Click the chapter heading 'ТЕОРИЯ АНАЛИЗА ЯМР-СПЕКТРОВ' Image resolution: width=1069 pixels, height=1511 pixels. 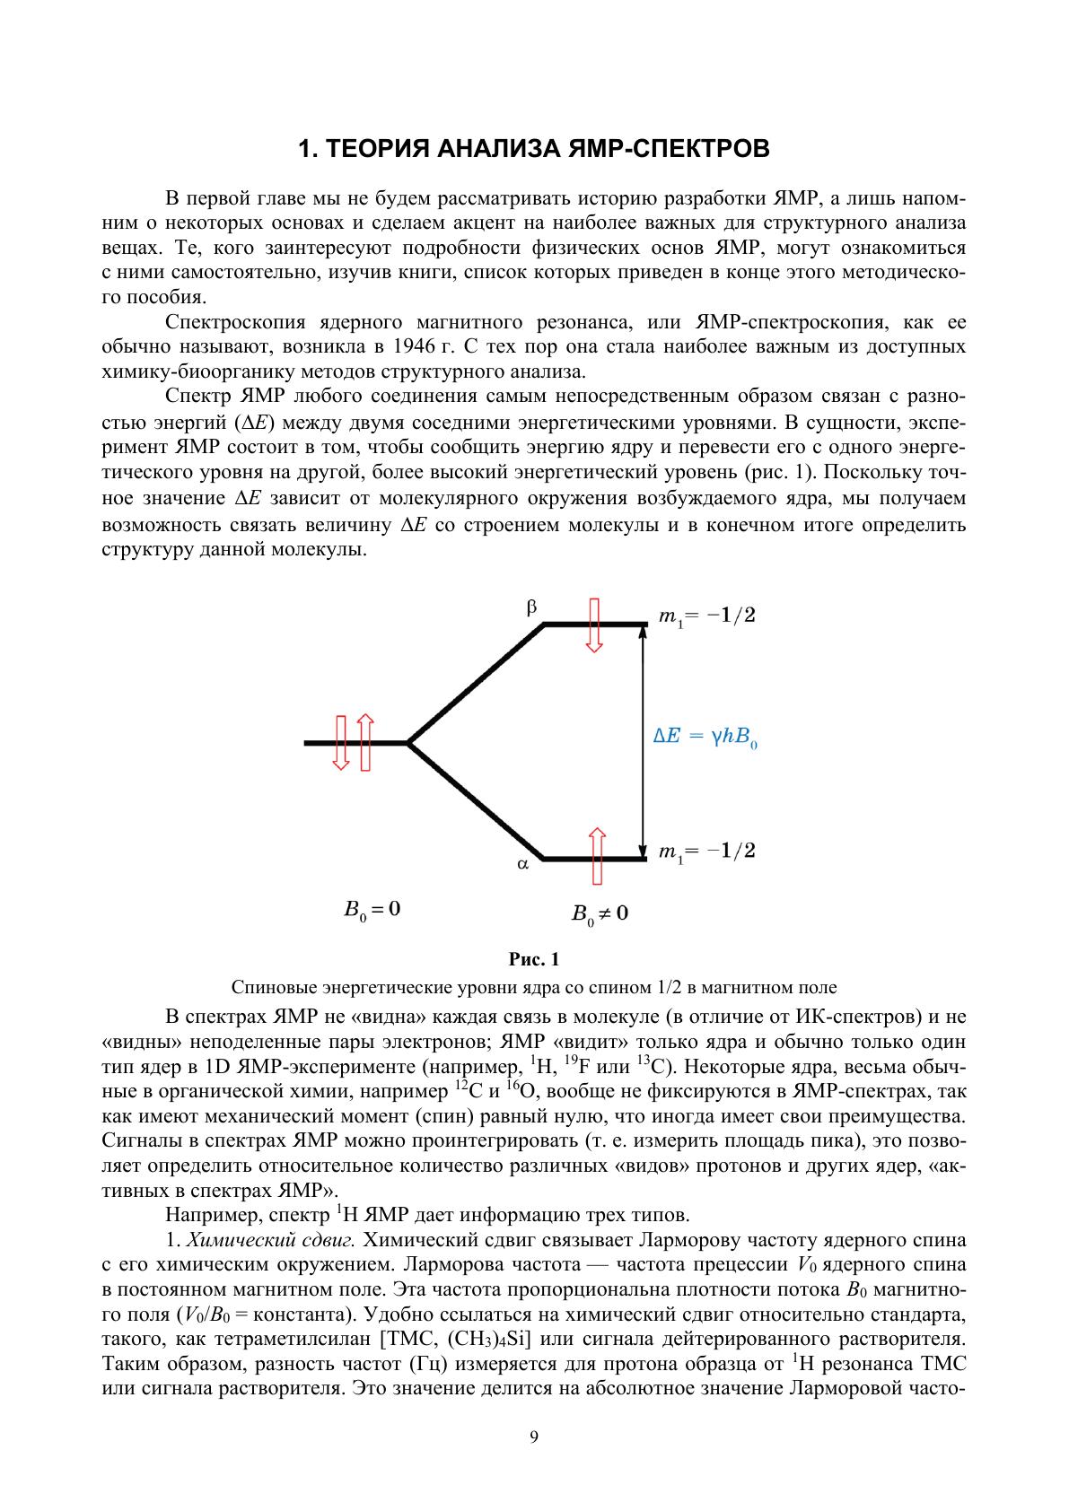click(534, 148)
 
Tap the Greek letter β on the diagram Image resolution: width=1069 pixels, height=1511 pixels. click(531, 607)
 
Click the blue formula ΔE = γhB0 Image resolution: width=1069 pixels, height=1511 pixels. click(705, 738)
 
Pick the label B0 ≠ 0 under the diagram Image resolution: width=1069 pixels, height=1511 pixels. click(600, 914)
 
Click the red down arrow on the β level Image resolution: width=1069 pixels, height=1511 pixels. click(593, 624)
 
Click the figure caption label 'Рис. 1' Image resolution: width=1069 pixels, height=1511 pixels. click(534, 960)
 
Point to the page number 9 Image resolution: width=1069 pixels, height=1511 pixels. click(534, 1437)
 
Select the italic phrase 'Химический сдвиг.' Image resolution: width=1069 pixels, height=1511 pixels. click(271, 1241)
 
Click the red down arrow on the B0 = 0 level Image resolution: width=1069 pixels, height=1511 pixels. click(340, 743)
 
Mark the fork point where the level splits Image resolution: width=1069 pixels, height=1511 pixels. click(408, 743)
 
